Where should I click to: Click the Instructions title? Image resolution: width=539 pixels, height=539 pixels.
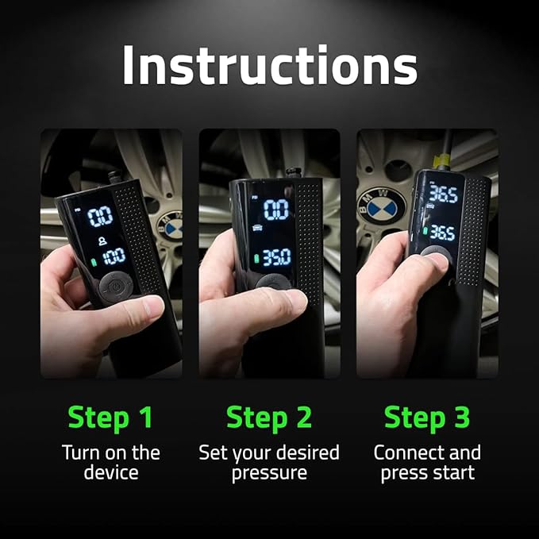(x=269, y=66)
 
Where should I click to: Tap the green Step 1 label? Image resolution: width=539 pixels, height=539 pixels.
(x=110, y=417)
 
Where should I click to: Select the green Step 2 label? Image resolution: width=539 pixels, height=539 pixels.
(x=269, y=417)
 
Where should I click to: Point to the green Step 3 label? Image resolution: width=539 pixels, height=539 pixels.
(x=427, y=417)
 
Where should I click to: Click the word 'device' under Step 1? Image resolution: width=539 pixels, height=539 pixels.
(x=110, y=473)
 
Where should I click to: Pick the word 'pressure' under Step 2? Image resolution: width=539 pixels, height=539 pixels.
(x=269, y=473)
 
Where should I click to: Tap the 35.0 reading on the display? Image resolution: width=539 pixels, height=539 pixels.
(x=276, y=257)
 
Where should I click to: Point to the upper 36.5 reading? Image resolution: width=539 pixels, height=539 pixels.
(x=442, y=194)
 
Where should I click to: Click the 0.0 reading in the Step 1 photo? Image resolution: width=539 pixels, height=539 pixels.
(x=100, y=217)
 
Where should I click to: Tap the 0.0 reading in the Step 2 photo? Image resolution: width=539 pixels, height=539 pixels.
(x=275, y=210)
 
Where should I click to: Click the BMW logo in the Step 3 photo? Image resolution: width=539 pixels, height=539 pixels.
(x=386, y=208)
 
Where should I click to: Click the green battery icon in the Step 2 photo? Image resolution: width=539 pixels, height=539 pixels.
(x=256, y=259)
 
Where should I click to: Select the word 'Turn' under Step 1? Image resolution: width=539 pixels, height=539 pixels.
(x=81, y=453)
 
